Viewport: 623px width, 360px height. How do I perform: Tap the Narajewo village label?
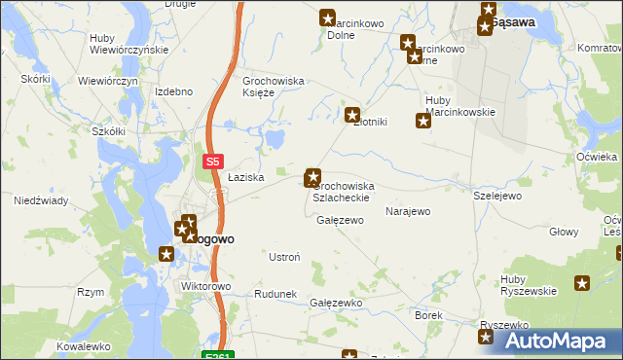point(408,211)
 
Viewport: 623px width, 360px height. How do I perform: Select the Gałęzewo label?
point(340,220)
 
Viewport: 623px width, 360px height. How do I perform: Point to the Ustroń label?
point(283,257)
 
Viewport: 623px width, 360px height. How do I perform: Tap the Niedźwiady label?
point(40,201)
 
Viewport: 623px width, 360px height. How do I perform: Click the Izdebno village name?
point(173,91)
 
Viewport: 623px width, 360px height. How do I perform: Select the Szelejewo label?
point(497,196)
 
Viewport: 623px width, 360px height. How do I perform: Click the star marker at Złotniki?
point(353,115)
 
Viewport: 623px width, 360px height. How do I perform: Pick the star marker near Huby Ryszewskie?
point(582,283)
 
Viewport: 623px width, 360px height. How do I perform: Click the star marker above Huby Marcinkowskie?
point(423,122)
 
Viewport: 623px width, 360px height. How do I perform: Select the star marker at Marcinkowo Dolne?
point(328,17)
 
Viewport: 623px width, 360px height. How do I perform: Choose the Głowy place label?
point(564,232)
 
